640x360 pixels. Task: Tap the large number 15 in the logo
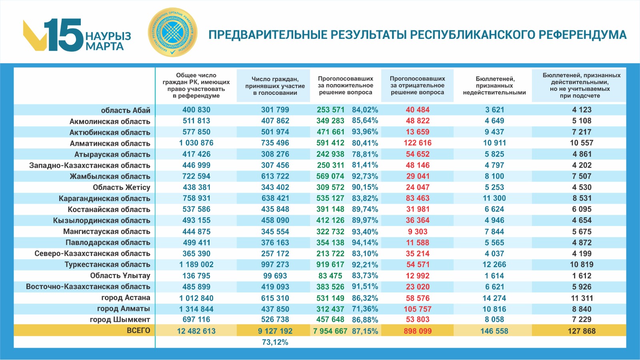pyautogui.click(x=64, y=35)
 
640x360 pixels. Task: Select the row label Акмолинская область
pyautogui.click(x=110, y=121)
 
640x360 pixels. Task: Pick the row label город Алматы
pyautogui.click(x=123, y=309)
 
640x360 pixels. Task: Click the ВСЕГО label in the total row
pyautogui.click(x=138, y=331)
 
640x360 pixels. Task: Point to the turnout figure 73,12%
pyautogui.click(x=275, y=342)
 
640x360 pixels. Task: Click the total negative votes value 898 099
pyautogui.click(x=417, y=331)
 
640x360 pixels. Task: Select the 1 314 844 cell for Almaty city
pyautogui.click(x=196, y=309)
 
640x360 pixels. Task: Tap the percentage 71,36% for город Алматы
pyautogui.click(x=365, y=309)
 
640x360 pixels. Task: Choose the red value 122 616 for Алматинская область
pyautogui.click(x=417, y=143)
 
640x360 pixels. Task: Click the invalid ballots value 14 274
pyautogui.click(x=494, y=298)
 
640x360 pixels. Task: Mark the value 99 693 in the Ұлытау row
pyautogui.click(x=275, y=276)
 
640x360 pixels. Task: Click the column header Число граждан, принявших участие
pyautogui.click(x=275, y=86)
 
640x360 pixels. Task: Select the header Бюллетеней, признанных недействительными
pyautogui.click(x=494, y=86)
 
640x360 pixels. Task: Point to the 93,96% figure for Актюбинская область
pyautogui.click(x=365, y=132)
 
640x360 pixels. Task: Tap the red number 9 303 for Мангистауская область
pyautogui.click(x=417, y=232)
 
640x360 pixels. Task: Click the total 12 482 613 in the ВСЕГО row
pyautogui.click(x=196, y=331)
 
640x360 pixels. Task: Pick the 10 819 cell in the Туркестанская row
pyautogui.click(x=582, y=265)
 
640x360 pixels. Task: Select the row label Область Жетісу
pyautogui.click(x=121, y=188)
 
